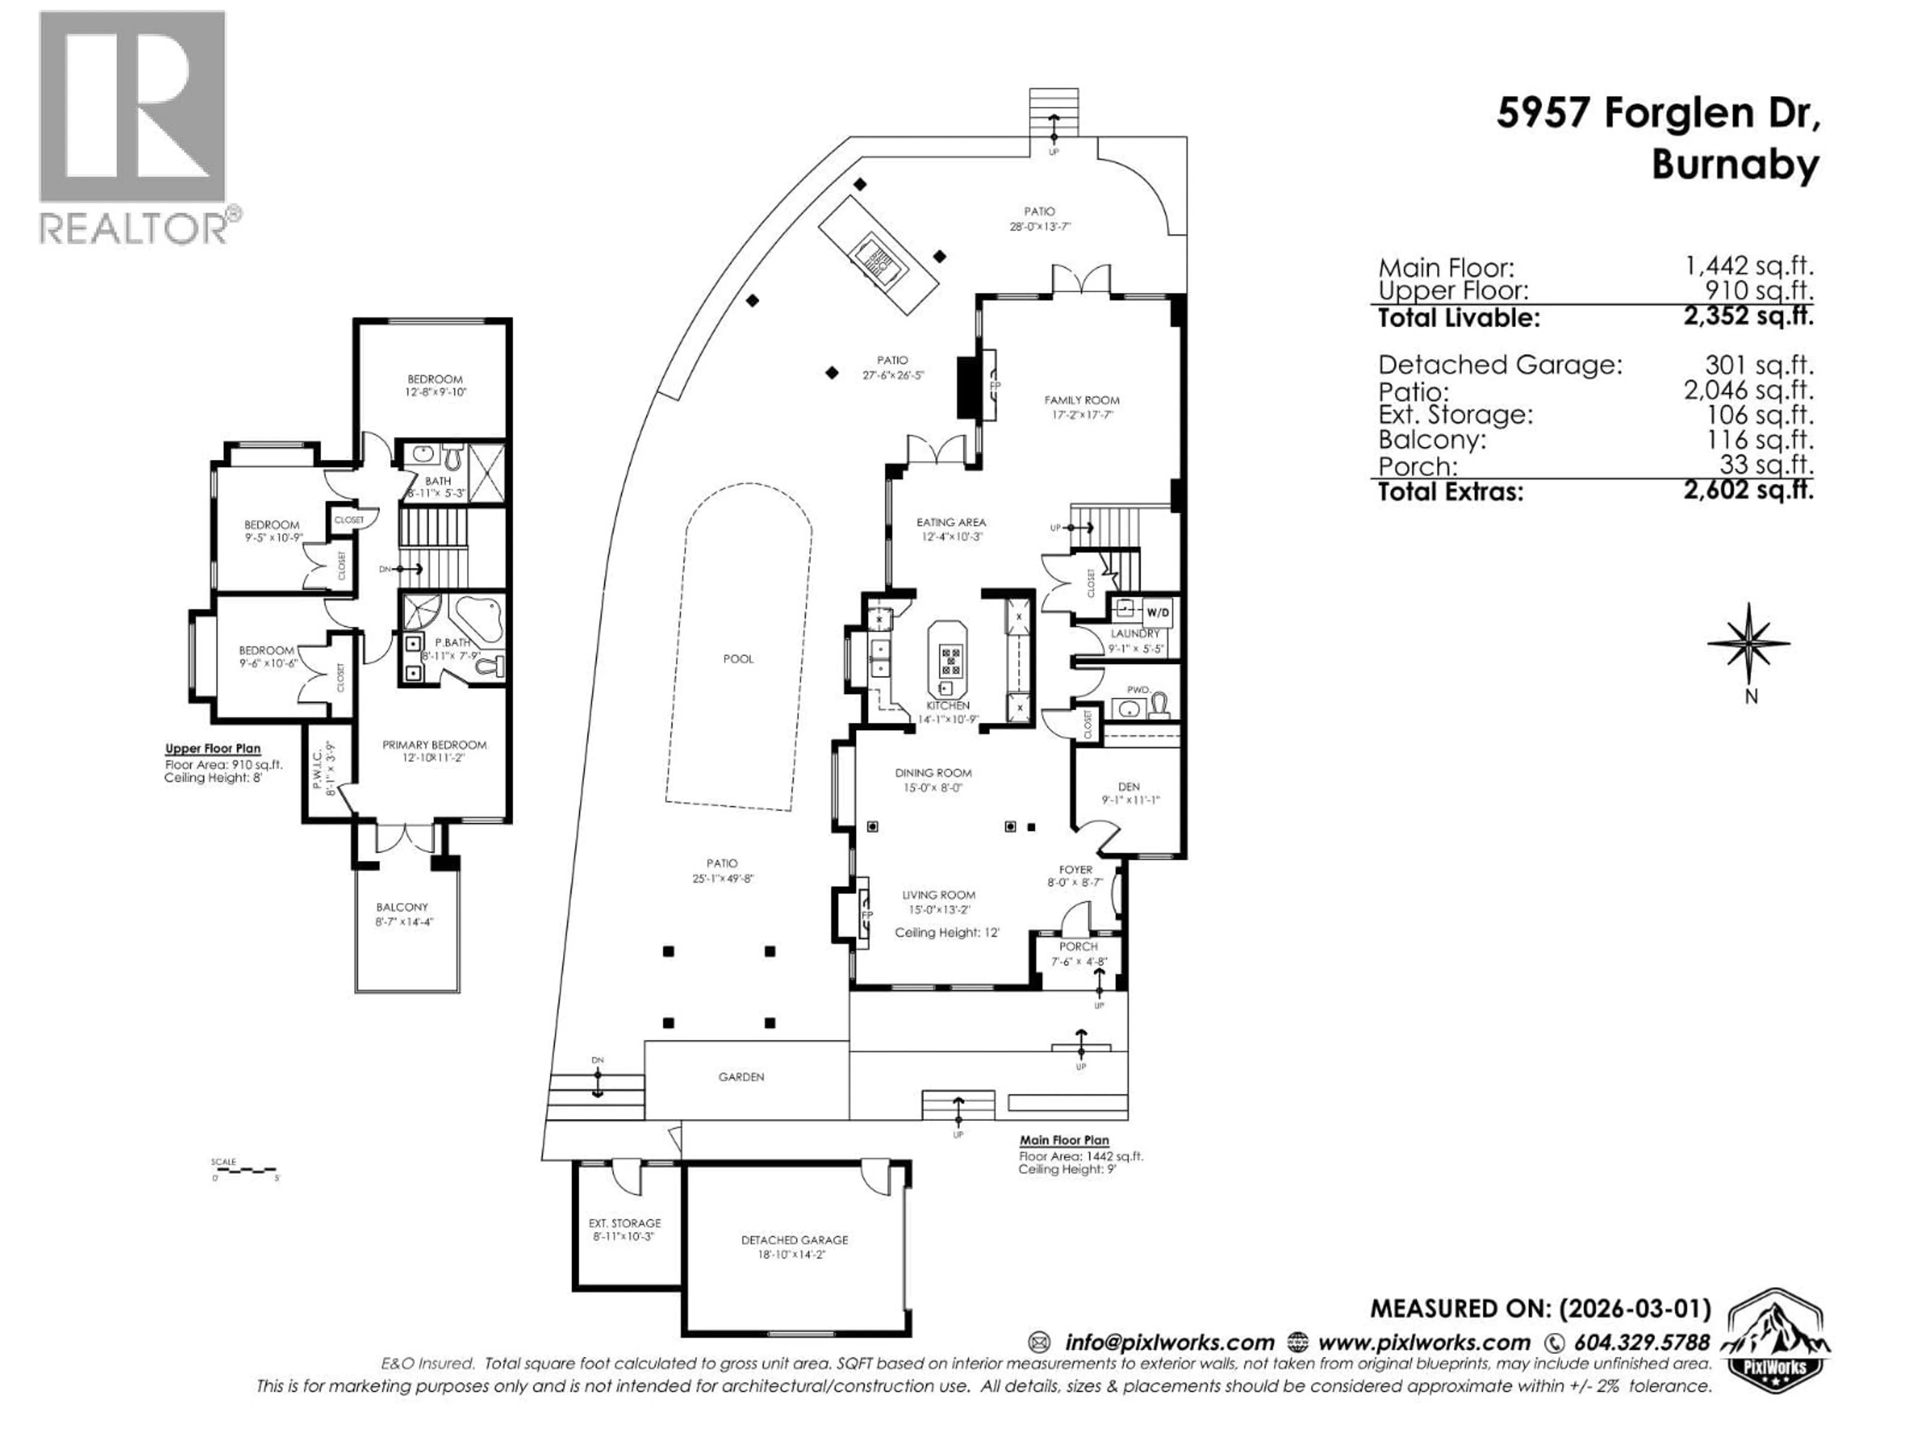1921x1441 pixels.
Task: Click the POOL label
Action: pos(738,658)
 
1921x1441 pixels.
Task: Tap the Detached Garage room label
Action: pos(794,1239)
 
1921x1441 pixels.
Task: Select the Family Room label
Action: pos(1081,400)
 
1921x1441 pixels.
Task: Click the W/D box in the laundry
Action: pos(1158,612)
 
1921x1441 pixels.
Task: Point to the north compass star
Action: pos(1748,643)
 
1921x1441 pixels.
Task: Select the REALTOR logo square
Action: pos(132,107)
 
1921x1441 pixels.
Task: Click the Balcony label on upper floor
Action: pos(402,907)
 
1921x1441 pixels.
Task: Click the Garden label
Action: pos(741,1077)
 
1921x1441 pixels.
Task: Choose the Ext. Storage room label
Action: pos(624,1223)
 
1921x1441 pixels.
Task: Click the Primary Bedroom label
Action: pos(434,745)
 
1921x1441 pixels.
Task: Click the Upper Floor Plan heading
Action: pos(213,749)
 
